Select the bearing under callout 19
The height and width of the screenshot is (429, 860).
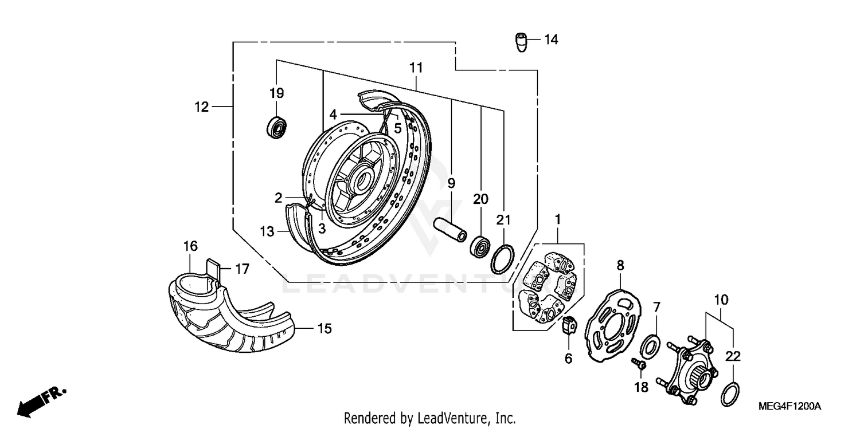click(x=277, y=127)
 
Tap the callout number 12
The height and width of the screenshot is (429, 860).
click(x=202, y=107)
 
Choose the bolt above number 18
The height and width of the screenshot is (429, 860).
click(x=639, y=363)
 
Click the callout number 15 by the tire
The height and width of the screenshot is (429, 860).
click(x=325, y=329)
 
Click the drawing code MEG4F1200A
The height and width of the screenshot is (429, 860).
click(x=789, y=407)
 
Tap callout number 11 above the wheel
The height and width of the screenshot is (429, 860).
click(x=416, y=68)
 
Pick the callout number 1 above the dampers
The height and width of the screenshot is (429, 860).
click(x=557, y=219)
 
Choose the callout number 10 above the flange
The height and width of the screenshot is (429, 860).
click(x=721, y=300)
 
